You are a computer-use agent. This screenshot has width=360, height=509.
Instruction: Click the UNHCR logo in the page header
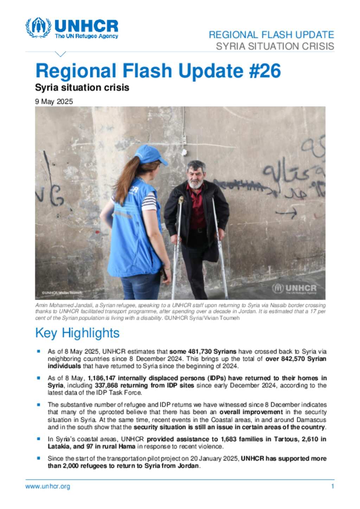pos(72,28)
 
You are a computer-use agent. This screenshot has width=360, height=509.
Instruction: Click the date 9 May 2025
pos(54,102)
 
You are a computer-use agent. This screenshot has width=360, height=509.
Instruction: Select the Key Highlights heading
pos(77,333)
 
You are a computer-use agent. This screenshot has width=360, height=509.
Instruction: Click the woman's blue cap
pos(150,155)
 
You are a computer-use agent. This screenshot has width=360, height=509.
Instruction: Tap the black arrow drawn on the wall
pos(286,213)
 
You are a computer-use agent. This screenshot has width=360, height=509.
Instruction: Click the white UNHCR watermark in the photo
pos(295,289)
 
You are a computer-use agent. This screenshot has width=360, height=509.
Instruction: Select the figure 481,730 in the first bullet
pos(195,351)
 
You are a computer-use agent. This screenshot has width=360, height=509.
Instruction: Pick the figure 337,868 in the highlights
pos(106,385)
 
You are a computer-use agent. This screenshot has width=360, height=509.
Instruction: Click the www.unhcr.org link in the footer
pos(47,487)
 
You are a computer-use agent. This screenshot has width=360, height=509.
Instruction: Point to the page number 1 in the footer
pos(333,487)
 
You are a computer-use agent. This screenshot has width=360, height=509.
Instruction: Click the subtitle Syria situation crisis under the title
pos(82,87)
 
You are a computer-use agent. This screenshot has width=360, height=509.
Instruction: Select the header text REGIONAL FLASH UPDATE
pos(271,35)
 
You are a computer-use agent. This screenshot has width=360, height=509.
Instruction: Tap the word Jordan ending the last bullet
pos(189,466)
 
